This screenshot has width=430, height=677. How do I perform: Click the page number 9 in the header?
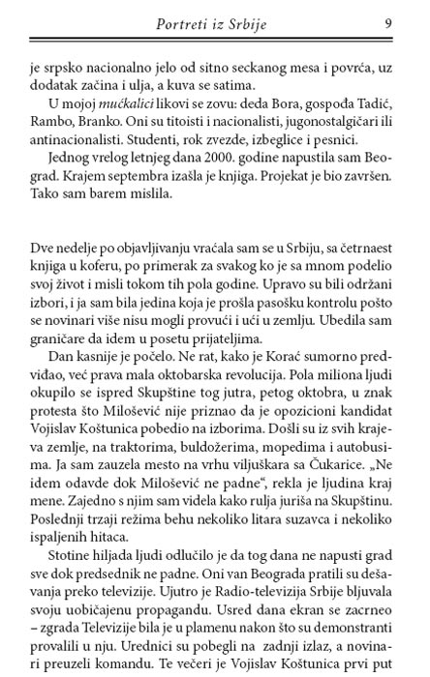pos(388,23)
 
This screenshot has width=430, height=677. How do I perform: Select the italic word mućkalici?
pos(119,102)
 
